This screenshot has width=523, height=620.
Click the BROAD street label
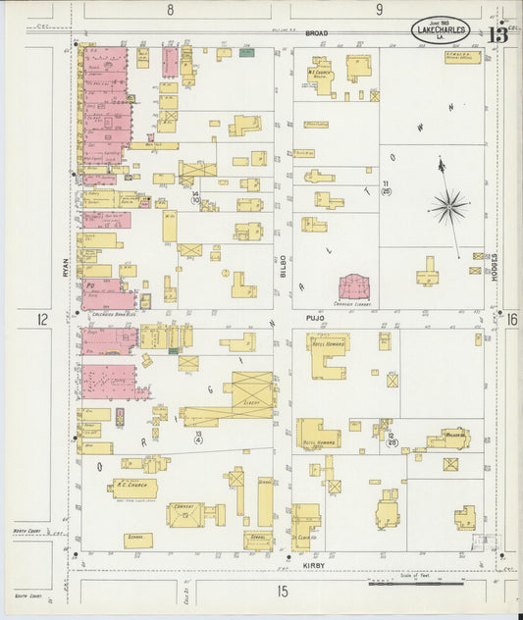[316, 33]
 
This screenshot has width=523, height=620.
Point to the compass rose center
[449, 205]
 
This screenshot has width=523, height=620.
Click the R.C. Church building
[132, 486]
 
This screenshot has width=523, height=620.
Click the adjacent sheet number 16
[512, 319]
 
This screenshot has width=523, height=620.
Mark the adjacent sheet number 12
[42, 320]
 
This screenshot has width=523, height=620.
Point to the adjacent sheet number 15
[283, 591]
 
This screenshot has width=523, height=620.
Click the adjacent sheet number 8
[170, 10]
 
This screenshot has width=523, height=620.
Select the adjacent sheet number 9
[378, 10]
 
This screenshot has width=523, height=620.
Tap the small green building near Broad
[246, 52]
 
